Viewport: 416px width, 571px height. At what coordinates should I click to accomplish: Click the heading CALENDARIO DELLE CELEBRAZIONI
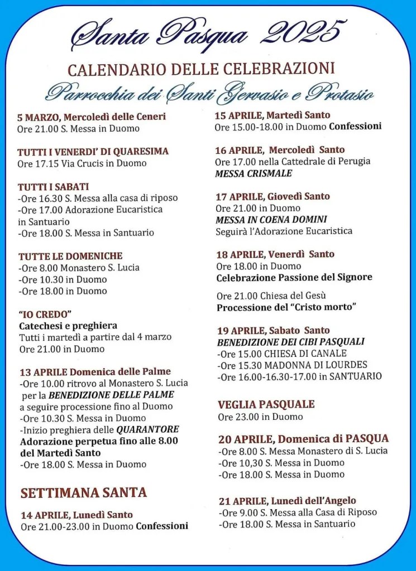click(x=201, y=69)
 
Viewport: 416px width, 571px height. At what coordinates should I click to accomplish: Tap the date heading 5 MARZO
click(x=39, y=117)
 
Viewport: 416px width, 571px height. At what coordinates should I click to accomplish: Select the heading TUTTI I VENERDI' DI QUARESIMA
click(x=93, y=152)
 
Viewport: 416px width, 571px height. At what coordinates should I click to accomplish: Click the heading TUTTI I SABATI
click(x=53, y=187)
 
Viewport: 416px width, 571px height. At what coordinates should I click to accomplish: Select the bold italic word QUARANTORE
click(x=147, y=429)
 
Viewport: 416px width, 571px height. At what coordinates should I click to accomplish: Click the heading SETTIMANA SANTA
click(x=84, y=492)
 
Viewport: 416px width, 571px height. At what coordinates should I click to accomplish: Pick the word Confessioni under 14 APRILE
click(x=162, y=526)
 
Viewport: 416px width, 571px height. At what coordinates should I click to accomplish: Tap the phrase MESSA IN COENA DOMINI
click(x=271, y=219)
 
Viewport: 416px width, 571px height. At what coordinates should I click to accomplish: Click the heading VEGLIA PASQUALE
click(x=266, y=404)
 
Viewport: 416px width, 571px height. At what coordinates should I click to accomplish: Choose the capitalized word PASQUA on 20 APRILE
click(x=367, y=439)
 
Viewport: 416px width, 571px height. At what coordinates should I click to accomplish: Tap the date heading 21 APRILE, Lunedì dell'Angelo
click(x=286, y=500)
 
